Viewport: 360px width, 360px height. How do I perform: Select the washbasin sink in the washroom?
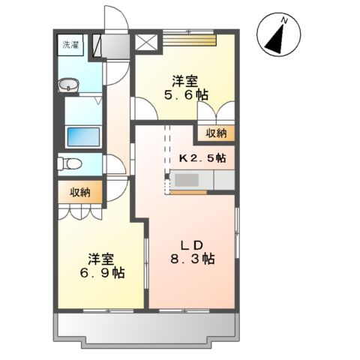pos(70,84)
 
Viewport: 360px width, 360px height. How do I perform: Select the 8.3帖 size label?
pos(193,259)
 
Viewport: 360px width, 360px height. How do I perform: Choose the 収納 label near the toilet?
pos(81,192)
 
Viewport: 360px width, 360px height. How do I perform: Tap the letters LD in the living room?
pos(193,244)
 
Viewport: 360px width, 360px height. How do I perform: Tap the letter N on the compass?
pos(282,21)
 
